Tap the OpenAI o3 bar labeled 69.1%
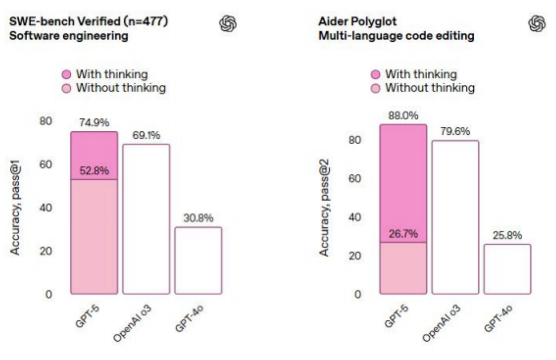coord(146,219)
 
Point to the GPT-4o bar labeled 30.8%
coord(198,260)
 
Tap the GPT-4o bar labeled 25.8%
coord(507,268)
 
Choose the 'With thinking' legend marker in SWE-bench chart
coord(66,75)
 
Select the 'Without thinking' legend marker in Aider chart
coord(376,89)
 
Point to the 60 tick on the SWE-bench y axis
coord(46,165)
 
